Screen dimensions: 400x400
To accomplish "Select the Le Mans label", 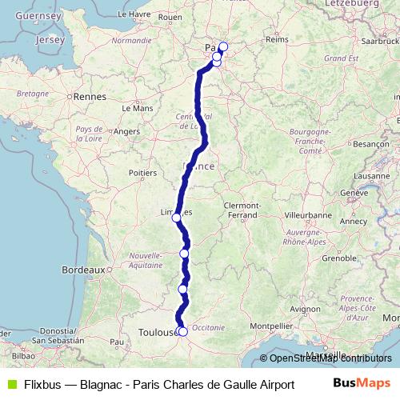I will point(137,107).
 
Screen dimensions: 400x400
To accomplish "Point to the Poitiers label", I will point(142,172).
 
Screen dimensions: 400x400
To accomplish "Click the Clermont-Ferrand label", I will point(241,210).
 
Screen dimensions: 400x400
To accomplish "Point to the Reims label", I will point(276,38).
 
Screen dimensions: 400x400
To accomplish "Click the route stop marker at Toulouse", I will point(182,331).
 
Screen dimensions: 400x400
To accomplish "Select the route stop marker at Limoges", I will point(176,217).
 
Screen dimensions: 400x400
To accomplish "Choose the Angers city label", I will point(127,131).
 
